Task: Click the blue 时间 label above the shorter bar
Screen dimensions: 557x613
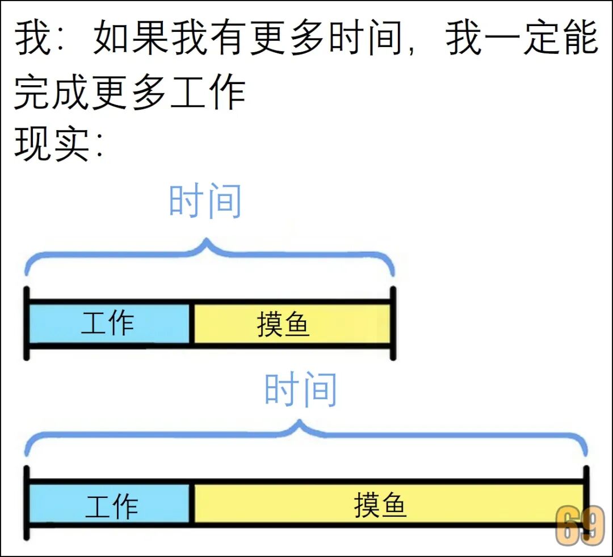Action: click(205, 202)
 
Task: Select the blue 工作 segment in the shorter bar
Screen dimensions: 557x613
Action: click(108, 324)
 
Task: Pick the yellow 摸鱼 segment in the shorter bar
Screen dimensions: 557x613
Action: click(292, 324)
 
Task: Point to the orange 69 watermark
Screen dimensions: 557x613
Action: click(580, 526)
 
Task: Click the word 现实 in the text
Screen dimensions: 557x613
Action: click(52, 145)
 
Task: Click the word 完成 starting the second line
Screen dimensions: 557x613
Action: click(52, 93)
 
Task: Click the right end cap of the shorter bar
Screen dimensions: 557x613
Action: click(393, 323)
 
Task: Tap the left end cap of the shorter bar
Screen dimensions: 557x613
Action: click(26, 323)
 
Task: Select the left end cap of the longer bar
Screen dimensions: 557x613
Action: click(26, 502)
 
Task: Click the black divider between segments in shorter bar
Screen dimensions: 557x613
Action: click(192, 324)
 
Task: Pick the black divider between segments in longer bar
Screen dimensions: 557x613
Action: click(192, 502)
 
